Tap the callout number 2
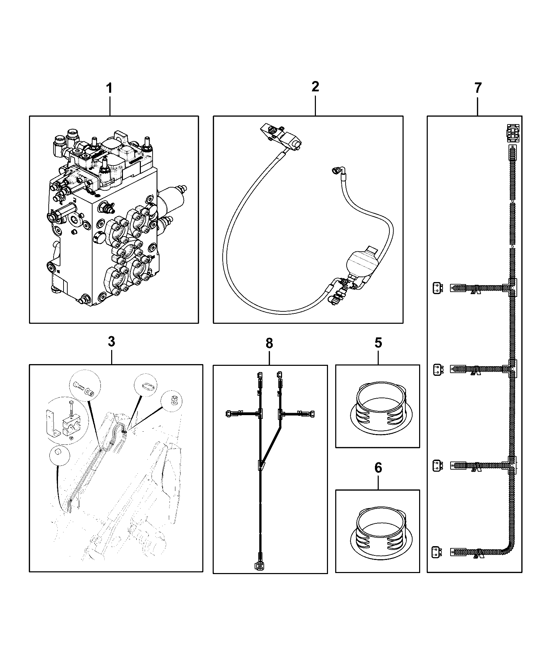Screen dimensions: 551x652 click(315, 87)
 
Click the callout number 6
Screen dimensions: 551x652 click(378, 468)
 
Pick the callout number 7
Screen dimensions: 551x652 click(477, 88)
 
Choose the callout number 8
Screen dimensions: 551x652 click(269, 343)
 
